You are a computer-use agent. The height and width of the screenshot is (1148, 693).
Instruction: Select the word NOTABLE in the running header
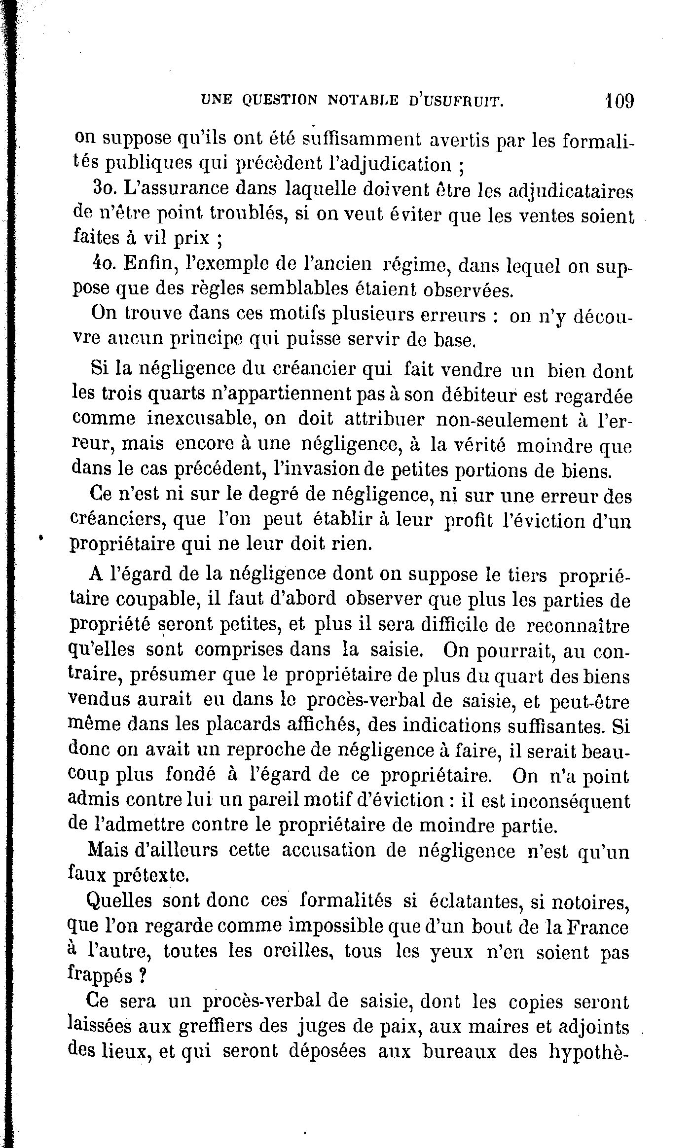[363, 102]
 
